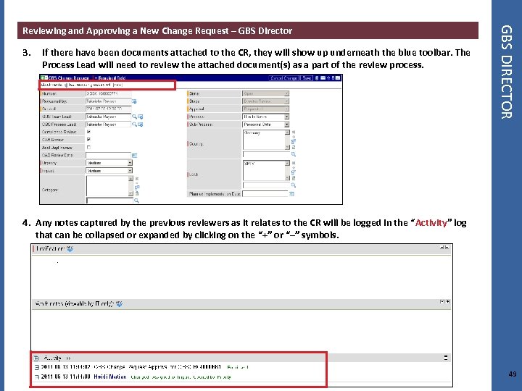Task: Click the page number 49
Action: point(513,374)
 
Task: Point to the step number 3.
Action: point(26,53)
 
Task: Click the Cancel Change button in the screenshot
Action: point(284,78)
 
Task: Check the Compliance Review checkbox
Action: point(89,132)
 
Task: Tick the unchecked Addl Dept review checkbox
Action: point(89,147)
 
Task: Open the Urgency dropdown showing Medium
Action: point(109,163)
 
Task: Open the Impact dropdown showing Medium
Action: point(109,171)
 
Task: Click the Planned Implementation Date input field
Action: point(264,194)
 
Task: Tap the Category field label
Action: point(50,190)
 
